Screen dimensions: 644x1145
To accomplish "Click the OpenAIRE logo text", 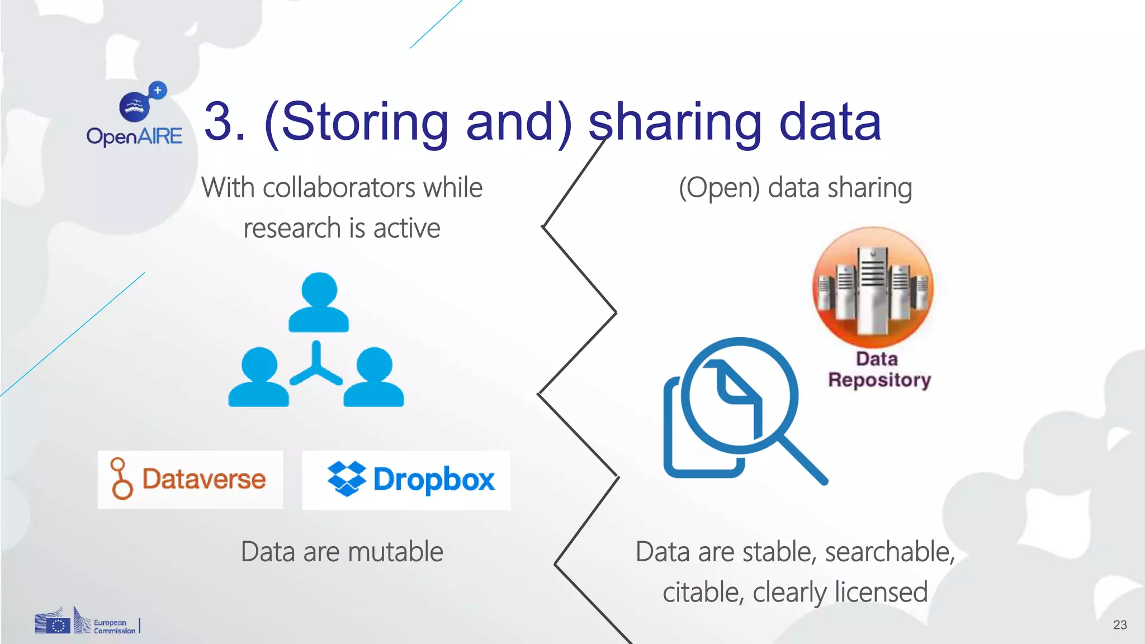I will pyautogui.click(x=134, y=136).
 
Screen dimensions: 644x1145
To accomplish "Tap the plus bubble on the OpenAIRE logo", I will pyautogui.click(x=158, y=90).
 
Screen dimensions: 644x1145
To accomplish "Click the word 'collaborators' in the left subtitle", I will pyautogui.click(x=339, y=187).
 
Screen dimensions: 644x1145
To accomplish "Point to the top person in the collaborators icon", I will pyautogui.click(x=319, y=302).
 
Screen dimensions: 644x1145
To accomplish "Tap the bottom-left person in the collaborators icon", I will pyautogui.click(x=259, y=377).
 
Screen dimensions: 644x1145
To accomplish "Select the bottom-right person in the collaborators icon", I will pyautogui.click(x=373, y=377).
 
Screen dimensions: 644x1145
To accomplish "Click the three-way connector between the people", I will pyautogui.click(x=316, y=366).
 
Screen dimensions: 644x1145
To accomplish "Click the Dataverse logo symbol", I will pyautogui.click(x=121, y=479).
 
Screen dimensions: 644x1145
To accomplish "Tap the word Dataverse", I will pyautogui.click(x=204, y=479).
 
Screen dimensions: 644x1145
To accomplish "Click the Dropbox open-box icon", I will pyautogui.click(x=347, y=479).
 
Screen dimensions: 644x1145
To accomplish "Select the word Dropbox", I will pyautogui.click(x=434, y=480).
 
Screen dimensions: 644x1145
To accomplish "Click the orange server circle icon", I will pyautogui.click(x=872, y=286).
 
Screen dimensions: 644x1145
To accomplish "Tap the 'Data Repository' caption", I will pyautogui.click(x=879, y=370).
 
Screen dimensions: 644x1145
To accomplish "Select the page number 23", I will pyautogui.click(x=1119, y=625).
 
